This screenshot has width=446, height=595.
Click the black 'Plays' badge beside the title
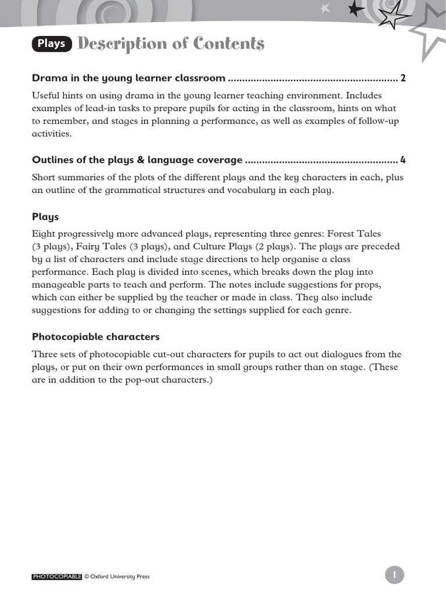pos(52,44)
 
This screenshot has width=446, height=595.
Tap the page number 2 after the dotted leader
pos(403,78)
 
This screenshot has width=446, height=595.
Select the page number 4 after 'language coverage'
pos(403,160)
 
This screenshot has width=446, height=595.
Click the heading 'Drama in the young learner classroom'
pos(128,78)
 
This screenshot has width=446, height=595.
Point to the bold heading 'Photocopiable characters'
pos(96,337)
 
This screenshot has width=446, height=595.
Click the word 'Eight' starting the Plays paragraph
pos(44,234)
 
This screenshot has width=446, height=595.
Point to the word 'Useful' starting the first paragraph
pos(45,95)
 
